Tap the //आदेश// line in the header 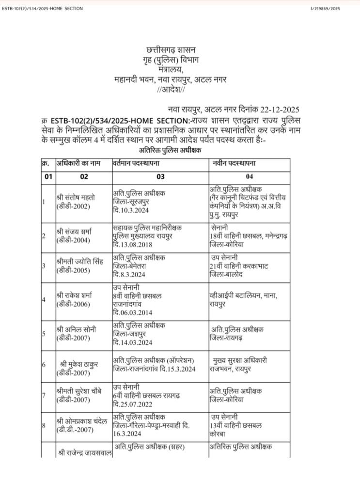point(171,90)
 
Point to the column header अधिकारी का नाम point(78,164)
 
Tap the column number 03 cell point(160,177)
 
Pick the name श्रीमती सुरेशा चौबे point(81,390)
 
